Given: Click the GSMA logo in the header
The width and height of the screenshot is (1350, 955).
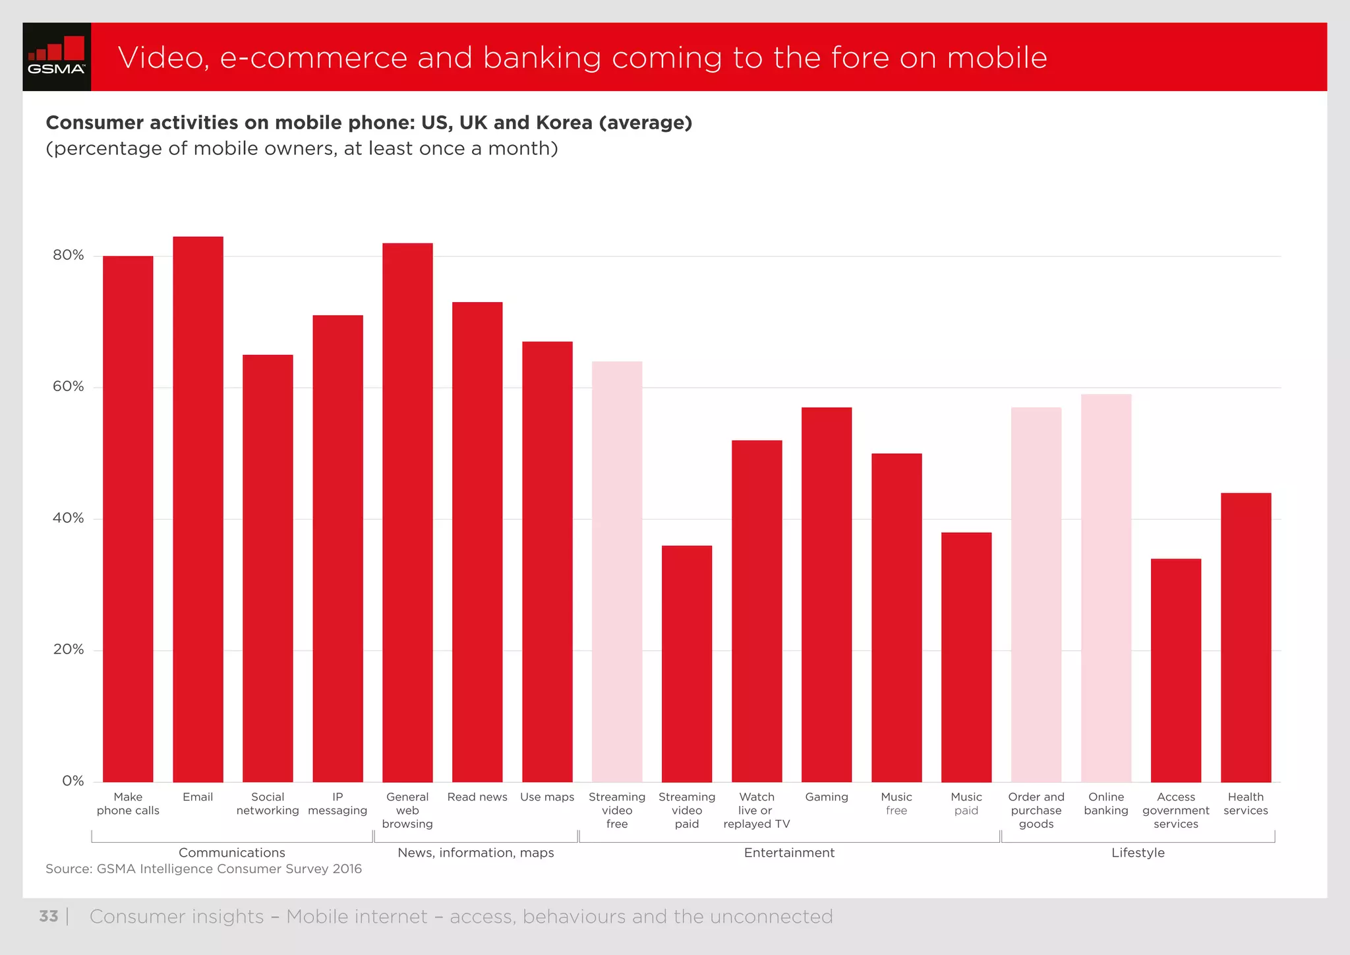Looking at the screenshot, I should point(57,57).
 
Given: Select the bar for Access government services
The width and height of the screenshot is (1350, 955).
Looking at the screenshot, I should point(1176,670).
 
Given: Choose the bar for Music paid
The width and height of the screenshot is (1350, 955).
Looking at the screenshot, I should point(966,657).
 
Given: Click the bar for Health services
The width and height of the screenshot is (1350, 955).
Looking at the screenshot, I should point(1246,637).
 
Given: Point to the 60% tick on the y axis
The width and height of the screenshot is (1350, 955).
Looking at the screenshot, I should point(69,386).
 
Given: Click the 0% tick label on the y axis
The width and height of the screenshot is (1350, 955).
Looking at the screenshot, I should point(73,781).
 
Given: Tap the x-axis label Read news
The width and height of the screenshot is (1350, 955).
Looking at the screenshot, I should point(477,797).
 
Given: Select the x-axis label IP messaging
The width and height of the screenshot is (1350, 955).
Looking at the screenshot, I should point(337,803).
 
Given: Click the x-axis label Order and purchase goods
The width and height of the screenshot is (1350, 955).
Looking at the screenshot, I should point(1036,810).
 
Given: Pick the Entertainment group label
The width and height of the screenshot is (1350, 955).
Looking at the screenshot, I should point(789,853).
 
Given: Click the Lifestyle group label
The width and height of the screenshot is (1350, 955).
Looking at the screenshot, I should point(1138,853).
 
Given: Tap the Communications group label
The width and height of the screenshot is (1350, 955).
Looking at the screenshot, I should point(232,853).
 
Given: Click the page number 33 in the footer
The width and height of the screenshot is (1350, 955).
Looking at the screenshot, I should point(48,916).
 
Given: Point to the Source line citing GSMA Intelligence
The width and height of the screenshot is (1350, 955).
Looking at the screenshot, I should point(204,869).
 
